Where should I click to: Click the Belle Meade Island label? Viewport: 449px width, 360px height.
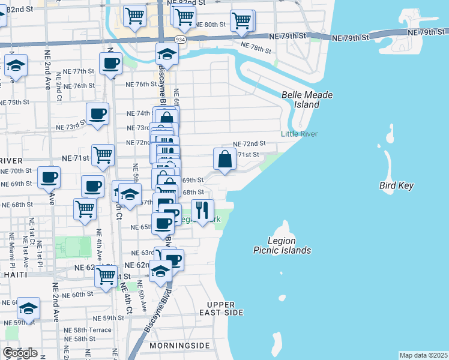(307, 100)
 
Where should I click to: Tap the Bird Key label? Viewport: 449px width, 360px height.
(396, 186)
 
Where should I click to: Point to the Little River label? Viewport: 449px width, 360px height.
(299, 134)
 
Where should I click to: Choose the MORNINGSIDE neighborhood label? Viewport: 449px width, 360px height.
(180, 346)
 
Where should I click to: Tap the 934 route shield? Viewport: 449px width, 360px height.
(180, 39)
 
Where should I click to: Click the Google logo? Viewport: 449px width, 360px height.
(20, 353)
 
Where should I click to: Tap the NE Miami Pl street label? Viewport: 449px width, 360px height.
(11, 253)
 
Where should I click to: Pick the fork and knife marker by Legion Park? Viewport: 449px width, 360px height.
(202, 210)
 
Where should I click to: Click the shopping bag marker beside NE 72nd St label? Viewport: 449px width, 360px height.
(224, 159)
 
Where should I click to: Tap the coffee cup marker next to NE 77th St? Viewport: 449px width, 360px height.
(110, 63)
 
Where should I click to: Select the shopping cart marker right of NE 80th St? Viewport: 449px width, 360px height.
(241, 20)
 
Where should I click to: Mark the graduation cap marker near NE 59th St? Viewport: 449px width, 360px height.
(28, 308)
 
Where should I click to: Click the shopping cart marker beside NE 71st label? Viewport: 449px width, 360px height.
(103, 155)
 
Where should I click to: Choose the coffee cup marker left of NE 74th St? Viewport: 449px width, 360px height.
(97, 113)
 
